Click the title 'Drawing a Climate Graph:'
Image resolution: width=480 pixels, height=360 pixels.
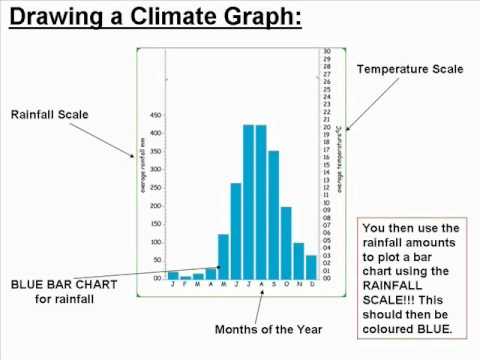[x=153, y=19]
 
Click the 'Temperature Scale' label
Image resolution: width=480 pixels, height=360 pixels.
[x=410, y=69]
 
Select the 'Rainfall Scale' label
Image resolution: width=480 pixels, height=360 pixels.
[x=50, y=115]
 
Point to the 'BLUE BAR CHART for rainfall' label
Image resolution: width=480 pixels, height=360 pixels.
[x=64, y=292]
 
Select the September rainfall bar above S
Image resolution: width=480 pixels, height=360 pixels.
[x=273, y=214]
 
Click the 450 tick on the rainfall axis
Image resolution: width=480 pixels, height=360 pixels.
[x=155, y=116]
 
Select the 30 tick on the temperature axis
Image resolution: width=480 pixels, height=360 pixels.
[x=327, y=51]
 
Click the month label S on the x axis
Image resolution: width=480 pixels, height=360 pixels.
[x=273, y=285]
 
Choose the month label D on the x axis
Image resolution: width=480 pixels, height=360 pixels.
[x=311, y=285]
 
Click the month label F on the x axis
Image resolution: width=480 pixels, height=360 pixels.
[x=185, y=285]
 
